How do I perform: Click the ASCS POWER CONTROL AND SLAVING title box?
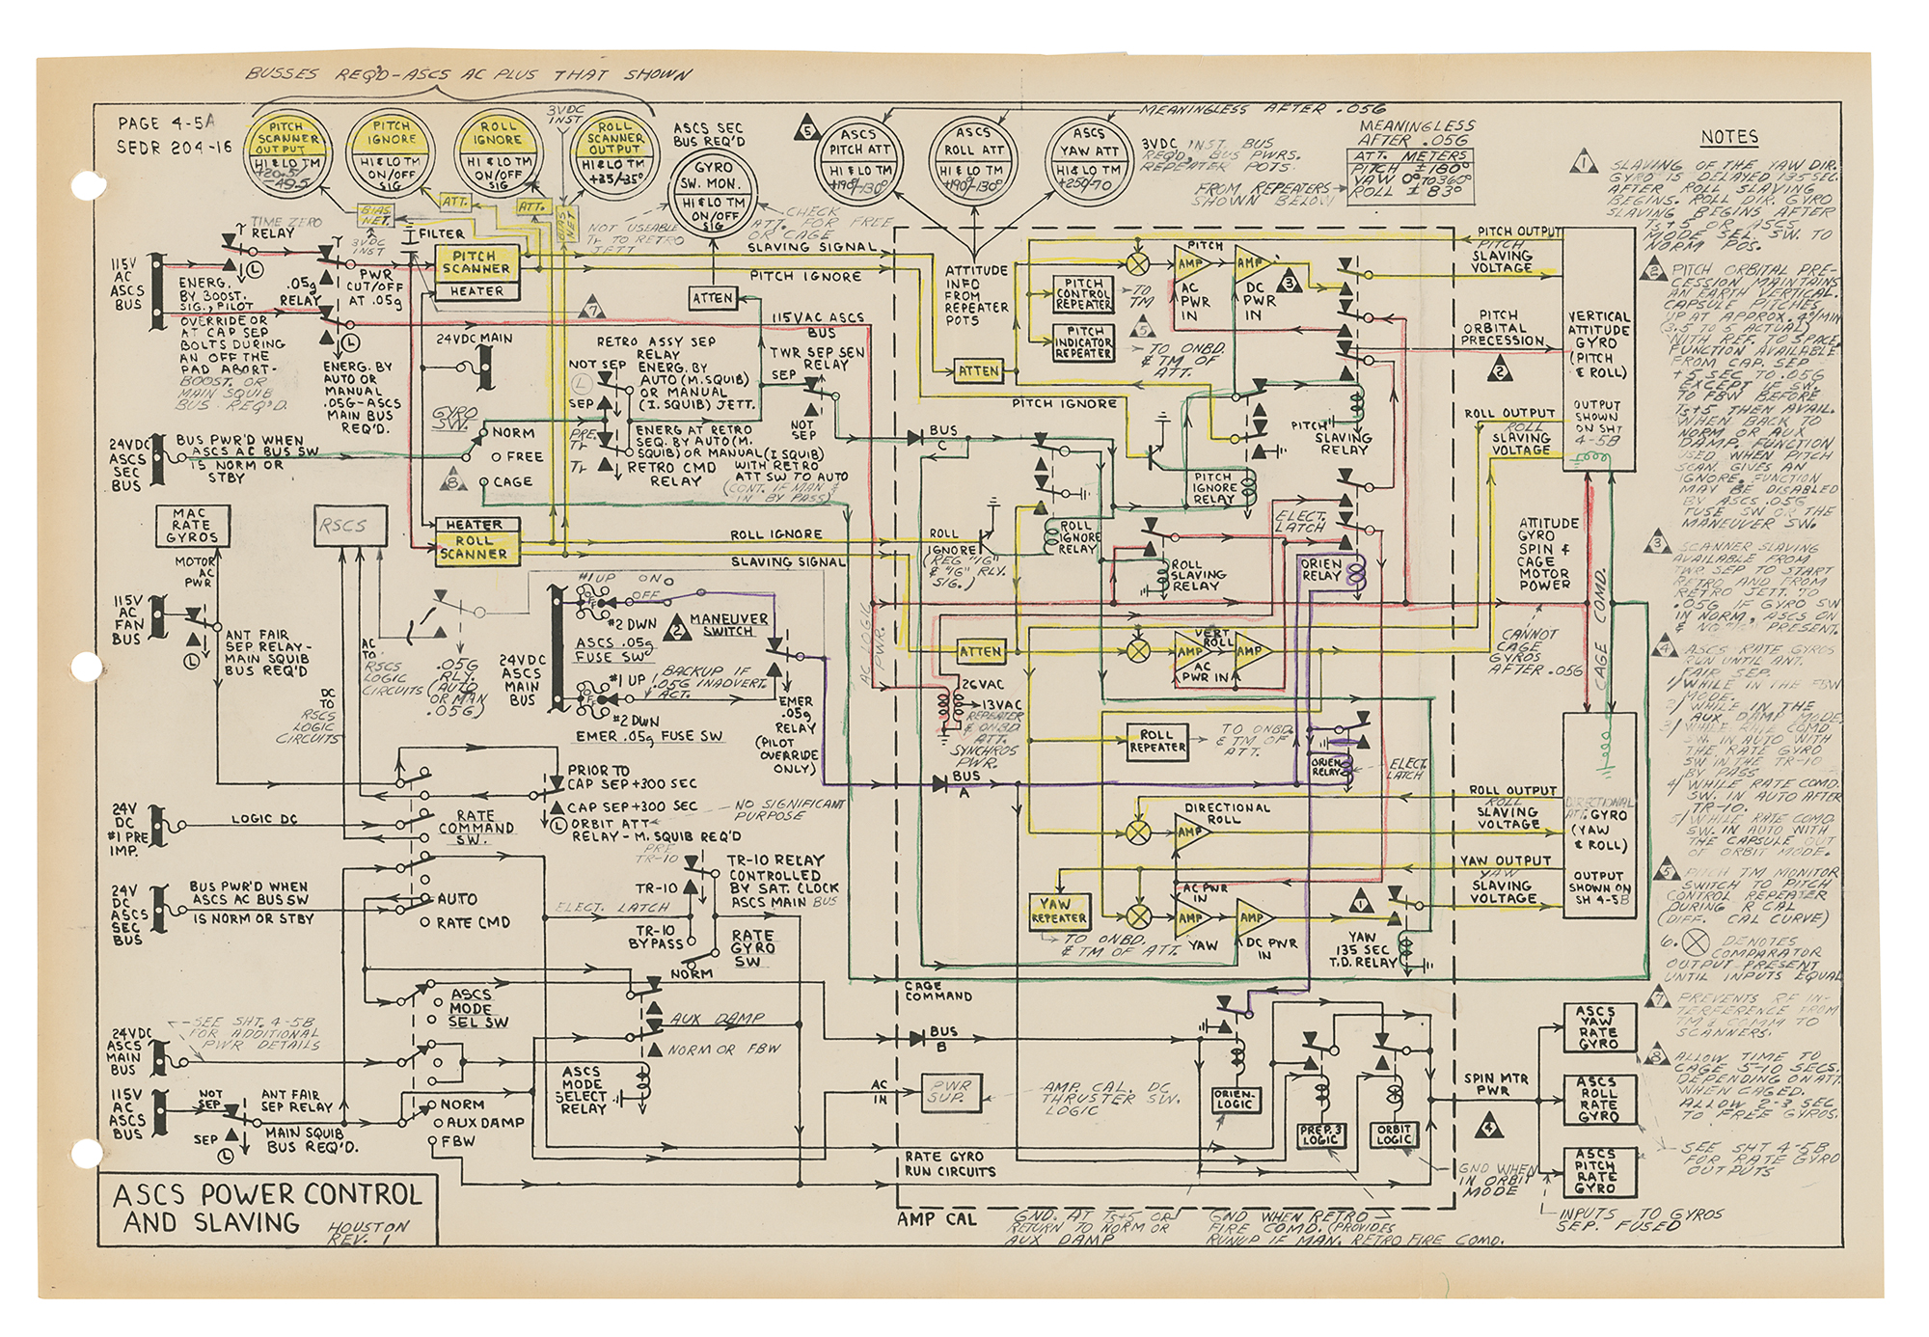point(268,1208)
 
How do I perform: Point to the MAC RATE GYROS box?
point(192,526)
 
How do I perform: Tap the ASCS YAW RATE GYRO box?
point(1597,1026)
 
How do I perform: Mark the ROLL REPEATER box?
point(1157,742)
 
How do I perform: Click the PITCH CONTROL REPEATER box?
point(1083,293)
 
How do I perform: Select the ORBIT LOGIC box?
point(1394,1135)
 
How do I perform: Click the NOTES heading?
point(1729,138)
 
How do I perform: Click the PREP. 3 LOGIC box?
point(1320,1135)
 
